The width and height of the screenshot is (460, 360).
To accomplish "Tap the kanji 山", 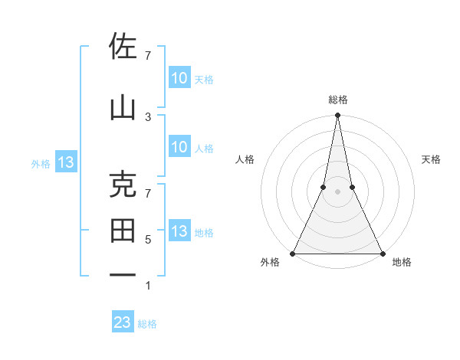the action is [x=123, y=106].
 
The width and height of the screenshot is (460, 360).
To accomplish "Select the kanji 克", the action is [x=123, y=185].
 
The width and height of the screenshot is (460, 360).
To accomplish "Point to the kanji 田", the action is [x=123, y=230].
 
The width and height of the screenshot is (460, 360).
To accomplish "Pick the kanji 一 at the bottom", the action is [x=123, y=274].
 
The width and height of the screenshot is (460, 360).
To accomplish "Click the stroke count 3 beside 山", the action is [x=148, y=116].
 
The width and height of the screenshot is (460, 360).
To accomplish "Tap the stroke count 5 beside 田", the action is [x=148, y=240].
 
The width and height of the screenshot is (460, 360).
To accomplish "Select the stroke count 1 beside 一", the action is [x=148, y=286].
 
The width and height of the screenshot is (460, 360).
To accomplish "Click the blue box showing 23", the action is [x=123, y=322].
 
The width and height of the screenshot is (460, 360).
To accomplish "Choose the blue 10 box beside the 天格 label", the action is [x=179, y=77].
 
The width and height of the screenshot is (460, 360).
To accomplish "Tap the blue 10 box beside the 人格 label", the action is [x=179, y=147].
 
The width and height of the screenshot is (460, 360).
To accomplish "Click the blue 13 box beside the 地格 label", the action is [x=179, y=231].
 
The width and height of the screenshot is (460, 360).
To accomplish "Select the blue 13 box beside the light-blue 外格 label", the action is [x=65, y=162].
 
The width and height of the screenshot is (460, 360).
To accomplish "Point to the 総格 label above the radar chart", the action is [x=337, y=100].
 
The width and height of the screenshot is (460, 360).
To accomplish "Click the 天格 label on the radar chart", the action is [x=432, y=159].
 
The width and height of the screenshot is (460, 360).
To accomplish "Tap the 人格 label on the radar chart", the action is [x=245, y=159].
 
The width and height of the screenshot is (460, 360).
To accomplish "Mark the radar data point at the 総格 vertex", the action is [x=337, y=116].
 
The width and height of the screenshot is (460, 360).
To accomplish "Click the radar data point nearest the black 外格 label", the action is [x=293, y=253].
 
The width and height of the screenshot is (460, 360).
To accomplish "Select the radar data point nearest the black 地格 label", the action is [x=382, y=253].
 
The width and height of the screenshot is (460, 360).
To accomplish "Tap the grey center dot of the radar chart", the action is [x=337, y=191].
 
